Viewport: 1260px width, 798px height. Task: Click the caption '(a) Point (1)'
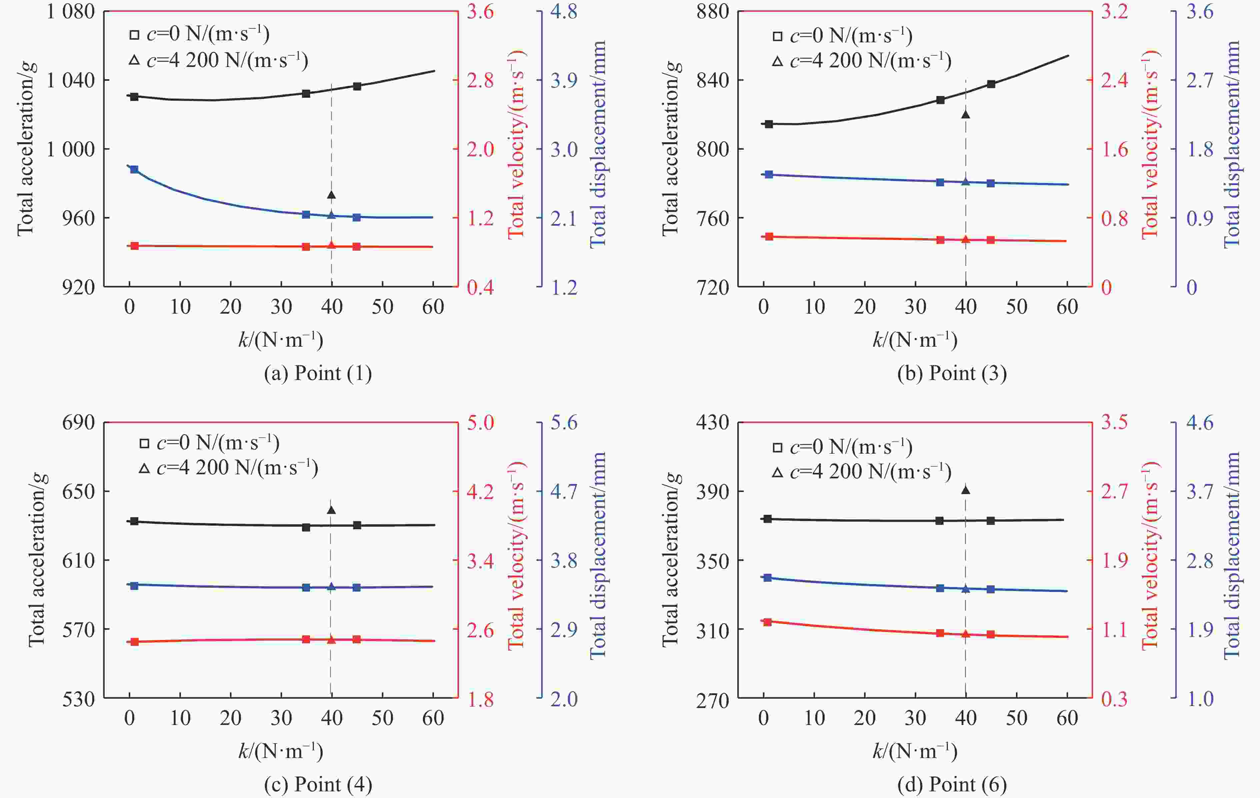tap(318, 373)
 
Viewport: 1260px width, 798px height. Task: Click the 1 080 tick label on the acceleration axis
tap(71, 12)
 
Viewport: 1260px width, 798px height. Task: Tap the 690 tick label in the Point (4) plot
tap(78, 422)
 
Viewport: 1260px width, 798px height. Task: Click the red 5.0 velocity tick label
tap(480, 422)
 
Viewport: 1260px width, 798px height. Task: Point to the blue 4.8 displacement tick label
tap(564, 12)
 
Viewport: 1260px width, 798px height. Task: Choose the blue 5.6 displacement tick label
tap(564, 422)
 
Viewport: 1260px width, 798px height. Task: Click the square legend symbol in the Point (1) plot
tap(134, 35)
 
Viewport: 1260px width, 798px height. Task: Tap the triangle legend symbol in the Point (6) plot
tap(778, 473)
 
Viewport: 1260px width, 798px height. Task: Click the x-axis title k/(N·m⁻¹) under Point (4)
tap(280, 751)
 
